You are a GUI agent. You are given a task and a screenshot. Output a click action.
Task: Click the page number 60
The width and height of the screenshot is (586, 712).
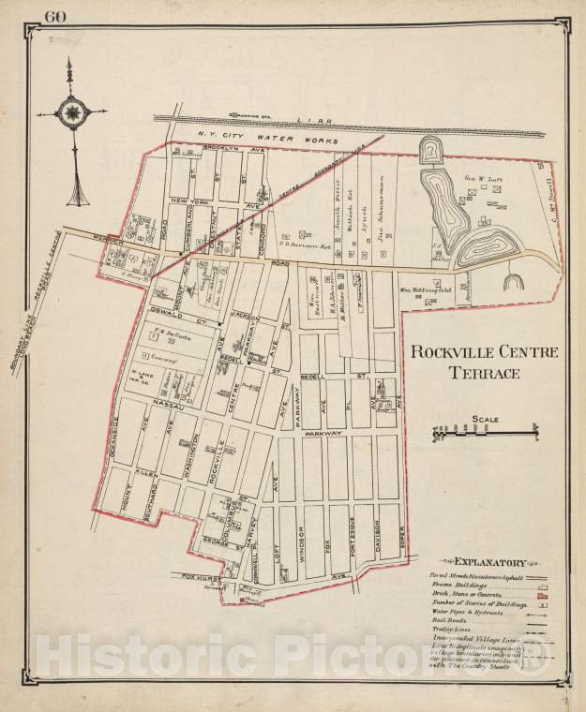[54, 15]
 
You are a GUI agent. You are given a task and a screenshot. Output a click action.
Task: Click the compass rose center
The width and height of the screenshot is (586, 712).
[70, 113]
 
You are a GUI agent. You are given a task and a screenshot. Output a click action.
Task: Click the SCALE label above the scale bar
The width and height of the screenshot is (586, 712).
[486, 420]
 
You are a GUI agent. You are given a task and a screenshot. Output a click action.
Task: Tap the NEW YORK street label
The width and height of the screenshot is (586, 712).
[192, 201]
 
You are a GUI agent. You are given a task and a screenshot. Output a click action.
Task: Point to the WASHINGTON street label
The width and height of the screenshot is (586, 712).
[194, 452]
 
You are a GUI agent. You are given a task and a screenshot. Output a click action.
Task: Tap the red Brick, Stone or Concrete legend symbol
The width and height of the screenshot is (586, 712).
[541, 595]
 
